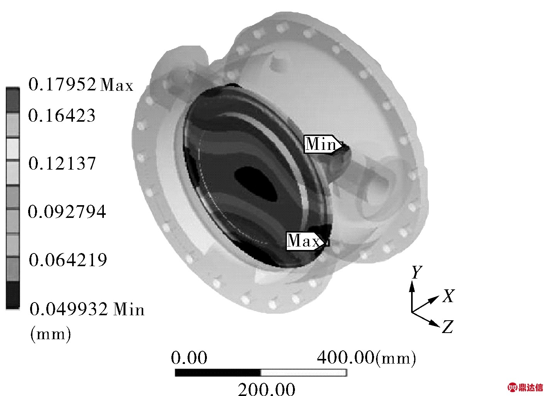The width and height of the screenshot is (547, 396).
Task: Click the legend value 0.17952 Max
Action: (x=81, y=85)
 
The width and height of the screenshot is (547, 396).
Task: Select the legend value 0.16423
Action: (x=61, y=115)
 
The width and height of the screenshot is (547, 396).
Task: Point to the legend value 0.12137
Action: (x=62, y=163)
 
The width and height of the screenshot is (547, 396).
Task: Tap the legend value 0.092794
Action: (x=67, y=211)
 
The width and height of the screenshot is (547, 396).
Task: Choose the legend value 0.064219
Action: (x=68, y=259)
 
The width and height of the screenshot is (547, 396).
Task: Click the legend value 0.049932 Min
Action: (x=87, y=309)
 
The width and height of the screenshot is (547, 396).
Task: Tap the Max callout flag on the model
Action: (x=306, y=241)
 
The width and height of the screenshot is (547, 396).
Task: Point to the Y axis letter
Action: (x=417, y=272)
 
